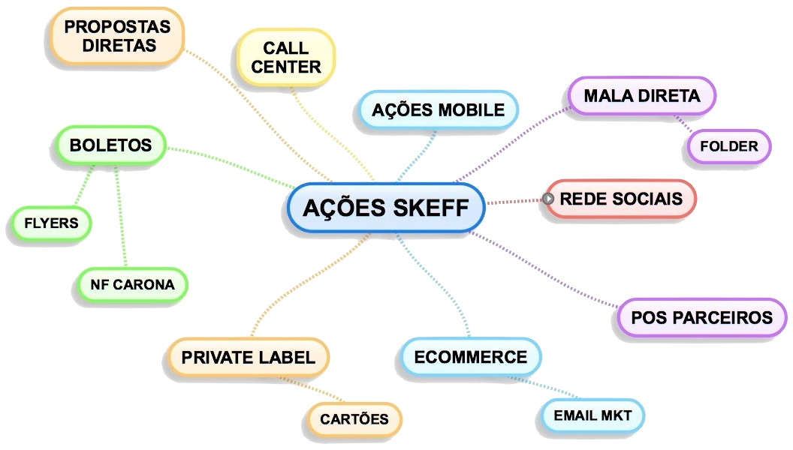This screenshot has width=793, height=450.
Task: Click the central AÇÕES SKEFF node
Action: [386, 207]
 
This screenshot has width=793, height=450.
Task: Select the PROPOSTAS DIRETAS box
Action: [117, 36]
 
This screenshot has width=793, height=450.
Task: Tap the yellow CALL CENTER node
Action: [285, 58]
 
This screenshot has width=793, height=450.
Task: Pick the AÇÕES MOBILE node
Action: [439, 110]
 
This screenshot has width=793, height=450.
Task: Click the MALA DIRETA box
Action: [641, 96]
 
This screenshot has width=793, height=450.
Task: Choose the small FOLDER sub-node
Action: [728, 146]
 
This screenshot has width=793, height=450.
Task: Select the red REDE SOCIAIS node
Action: [621, 199]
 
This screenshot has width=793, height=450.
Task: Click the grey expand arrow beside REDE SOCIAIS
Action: [549, 199]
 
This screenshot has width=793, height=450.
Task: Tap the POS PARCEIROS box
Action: [701, 317]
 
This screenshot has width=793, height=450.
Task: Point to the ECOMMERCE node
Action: [470, 357]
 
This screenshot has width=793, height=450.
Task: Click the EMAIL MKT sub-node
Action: [592, 415]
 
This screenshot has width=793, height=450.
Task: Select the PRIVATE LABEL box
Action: [248, 357]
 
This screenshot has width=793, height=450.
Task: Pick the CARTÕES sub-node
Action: [354, 419]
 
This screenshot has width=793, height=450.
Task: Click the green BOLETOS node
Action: [110, 145]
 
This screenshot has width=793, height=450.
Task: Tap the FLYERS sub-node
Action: [51, 223]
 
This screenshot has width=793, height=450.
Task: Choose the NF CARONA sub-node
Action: [132, 285]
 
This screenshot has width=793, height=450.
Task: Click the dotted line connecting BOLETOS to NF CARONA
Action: [121, 217]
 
